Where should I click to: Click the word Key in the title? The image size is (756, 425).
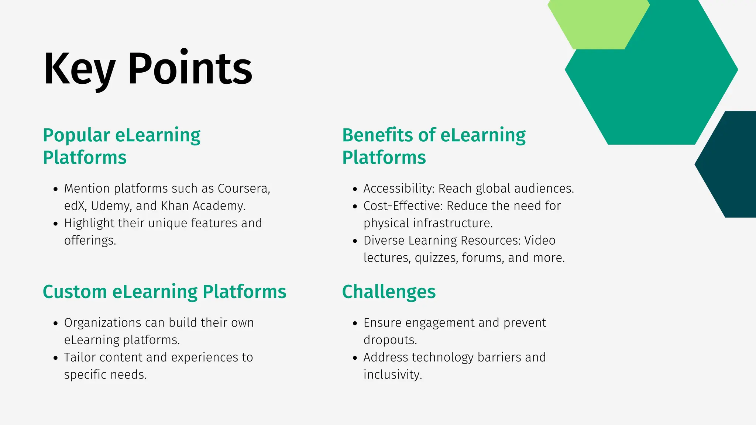tap(79, 69)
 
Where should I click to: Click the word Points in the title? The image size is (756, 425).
tap(190, 69)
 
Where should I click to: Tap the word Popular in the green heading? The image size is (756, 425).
tap(76, 135)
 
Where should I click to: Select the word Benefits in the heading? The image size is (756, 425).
tap(377, 135)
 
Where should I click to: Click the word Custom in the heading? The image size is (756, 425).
tap(75, 292)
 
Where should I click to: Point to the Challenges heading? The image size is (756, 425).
tap(389, 292)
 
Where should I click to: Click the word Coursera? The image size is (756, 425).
tap(244, 189)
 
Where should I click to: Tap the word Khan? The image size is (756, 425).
tap(175, 206)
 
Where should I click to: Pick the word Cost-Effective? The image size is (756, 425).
tap(403, 206)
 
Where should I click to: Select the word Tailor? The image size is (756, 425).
tap(80, 357)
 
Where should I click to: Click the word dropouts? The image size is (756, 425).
tap(390, 340)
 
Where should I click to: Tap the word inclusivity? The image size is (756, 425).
tap(392, 375)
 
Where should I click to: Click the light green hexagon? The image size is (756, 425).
tap(598, 22)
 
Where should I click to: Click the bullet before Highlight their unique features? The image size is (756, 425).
tap(56, 224)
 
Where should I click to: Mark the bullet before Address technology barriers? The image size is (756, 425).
tap(355, 358)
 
